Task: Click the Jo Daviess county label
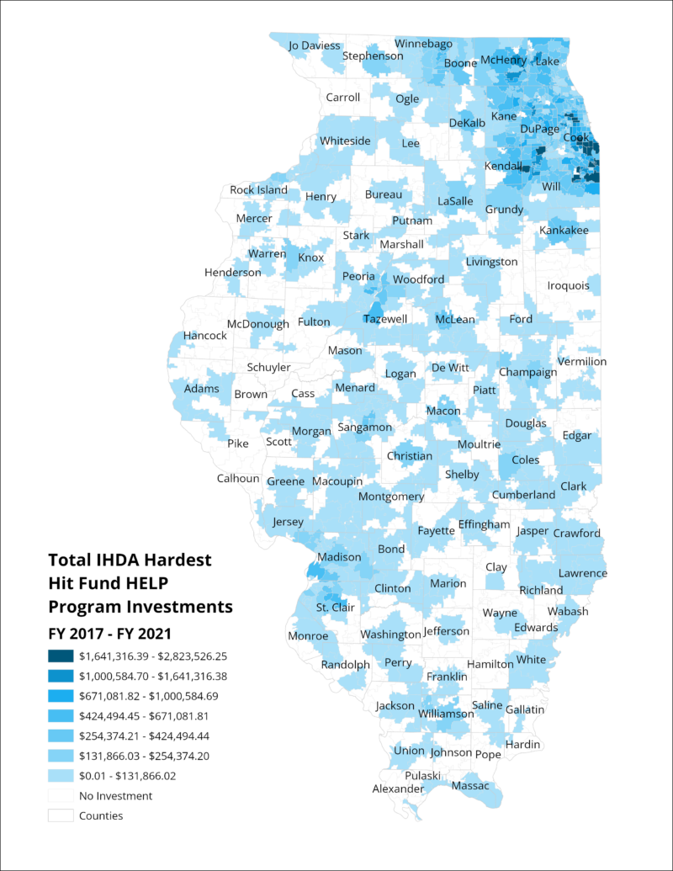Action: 315,45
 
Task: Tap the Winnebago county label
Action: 424,43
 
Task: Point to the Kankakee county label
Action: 564,229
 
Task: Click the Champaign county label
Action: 527,372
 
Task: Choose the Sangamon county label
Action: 364,428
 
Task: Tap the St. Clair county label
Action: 335,608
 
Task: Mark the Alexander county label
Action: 398,789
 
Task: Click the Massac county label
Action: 469,786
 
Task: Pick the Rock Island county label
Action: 258,189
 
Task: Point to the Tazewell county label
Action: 385,319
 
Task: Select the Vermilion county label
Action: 581,361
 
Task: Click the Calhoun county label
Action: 238,478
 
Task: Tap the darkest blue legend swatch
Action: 61,656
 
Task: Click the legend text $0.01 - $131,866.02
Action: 127,776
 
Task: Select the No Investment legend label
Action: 115,795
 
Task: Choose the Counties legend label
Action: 101,815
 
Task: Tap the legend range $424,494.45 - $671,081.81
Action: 143,716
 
